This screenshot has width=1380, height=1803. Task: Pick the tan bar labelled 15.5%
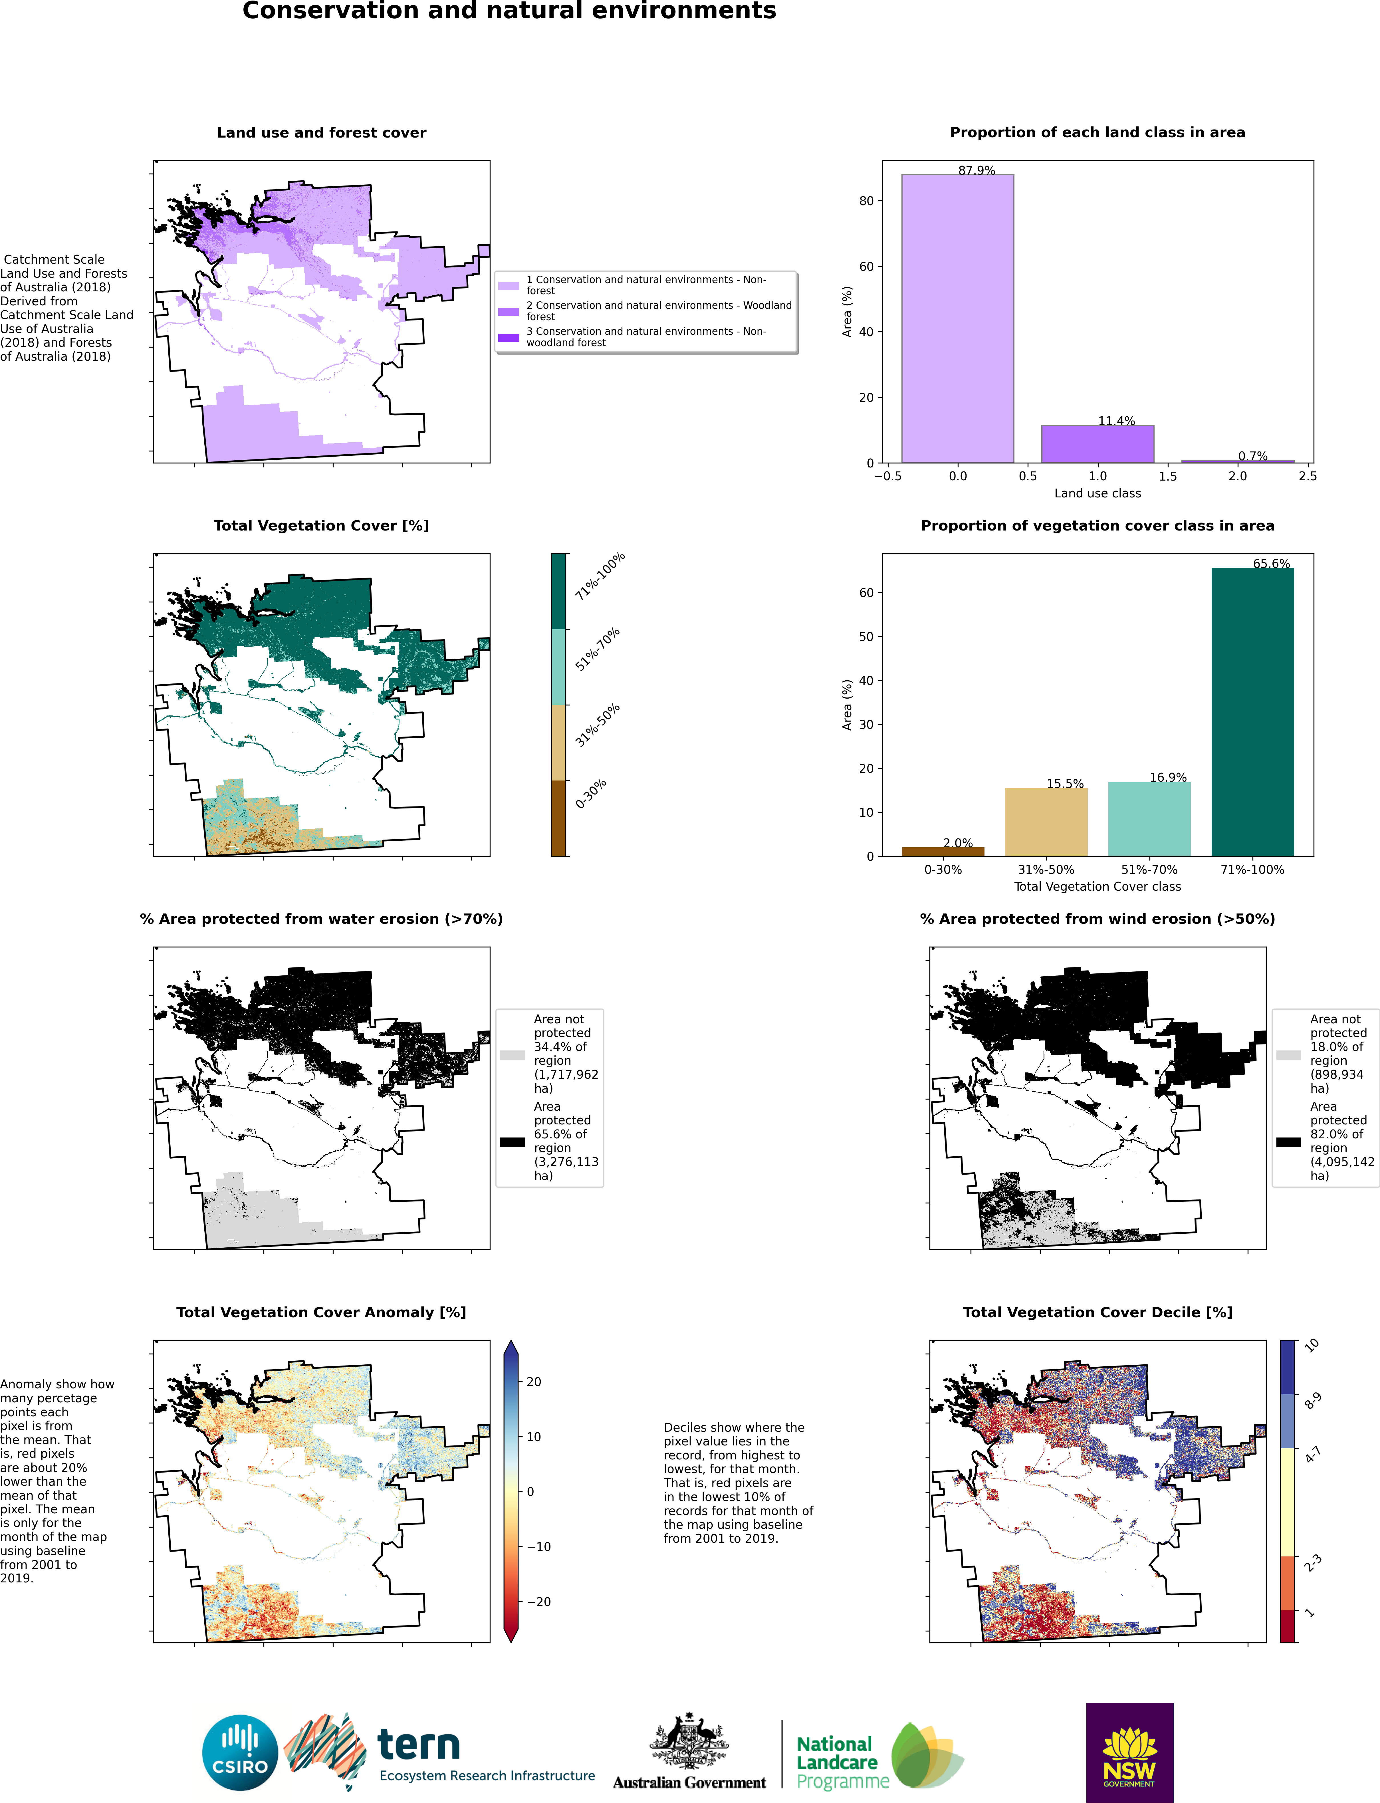click(x=1046, y=821)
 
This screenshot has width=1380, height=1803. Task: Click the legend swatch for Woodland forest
click(x=509, y=311)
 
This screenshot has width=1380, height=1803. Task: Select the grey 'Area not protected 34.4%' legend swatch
click(x=512, y=1055)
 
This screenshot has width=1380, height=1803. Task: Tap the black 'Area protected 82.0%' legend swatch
click(x=1288, y=1142)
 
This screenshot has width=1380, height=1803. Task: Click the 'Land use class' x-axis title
click(x=1097, y=493)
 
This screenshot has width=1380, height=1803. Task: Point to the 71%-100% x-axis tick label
click(x=1252, y=869)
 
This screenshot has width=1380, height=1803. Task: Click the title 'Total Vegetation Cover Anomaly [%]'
click(x=321, y=1312)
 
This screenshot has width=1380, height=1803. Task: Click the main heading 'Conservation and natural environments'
click(x=509, y=11)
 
